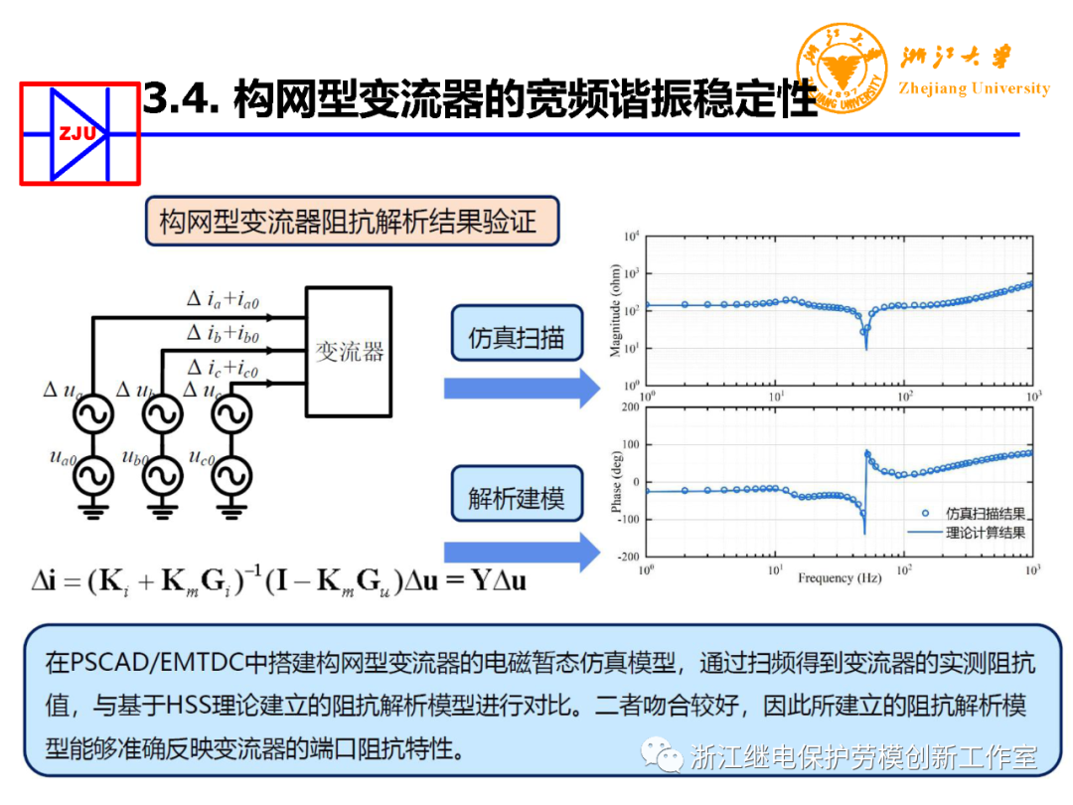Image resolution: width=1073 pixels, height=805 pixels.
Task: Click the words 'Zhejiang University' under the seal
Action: [974, 88]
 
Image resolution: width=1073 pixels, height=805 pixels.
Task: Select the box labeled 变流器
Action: [350, 352]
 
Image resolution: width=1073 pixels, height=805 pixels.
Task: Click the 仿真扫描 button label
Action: [516, 338]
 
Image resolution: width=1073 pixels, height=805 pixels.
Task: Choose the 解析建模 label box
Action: [516, 498]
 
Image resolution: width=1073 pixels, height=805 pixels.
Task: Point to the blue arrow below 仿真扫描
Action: [522, 388]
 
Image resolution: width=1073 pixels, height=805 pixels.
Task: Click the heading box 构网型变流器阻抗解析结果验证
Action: [352, 221]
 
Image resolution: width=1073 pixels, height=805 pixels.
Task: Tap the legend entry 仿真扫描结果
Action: [984, 513]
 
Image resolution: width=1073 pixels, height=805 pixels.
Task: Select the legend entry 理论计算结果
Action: [984, 532]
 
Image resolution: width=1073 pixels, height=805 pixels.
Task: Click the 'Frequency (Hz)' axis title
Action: [839, 577]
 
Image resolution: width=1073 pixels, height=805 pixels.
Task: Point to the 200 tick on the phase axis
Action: [629, 407]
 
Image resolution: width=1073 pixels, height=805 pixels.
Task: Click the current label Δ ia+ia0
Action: [230, 298]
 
